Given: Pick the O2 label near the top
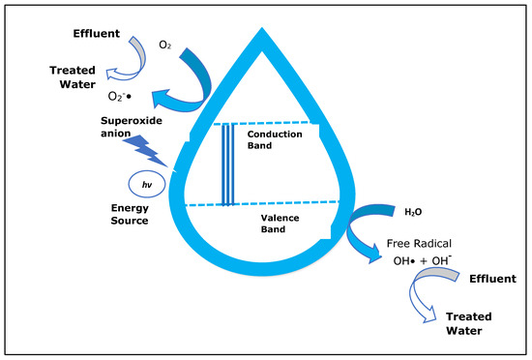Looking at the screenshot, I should click(x=166, y=45).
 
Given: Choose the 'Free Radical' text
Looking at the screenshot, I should click(x=421, y=244).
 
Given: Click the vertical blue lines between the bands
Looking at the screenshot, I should click(x=228, y=165).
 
